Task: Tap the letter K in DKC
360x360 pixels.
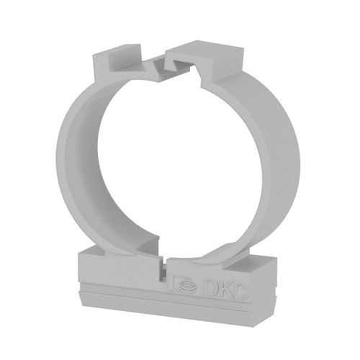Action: coord(225,289)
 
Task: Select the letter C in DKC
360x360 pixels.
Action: coord(240,291)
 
